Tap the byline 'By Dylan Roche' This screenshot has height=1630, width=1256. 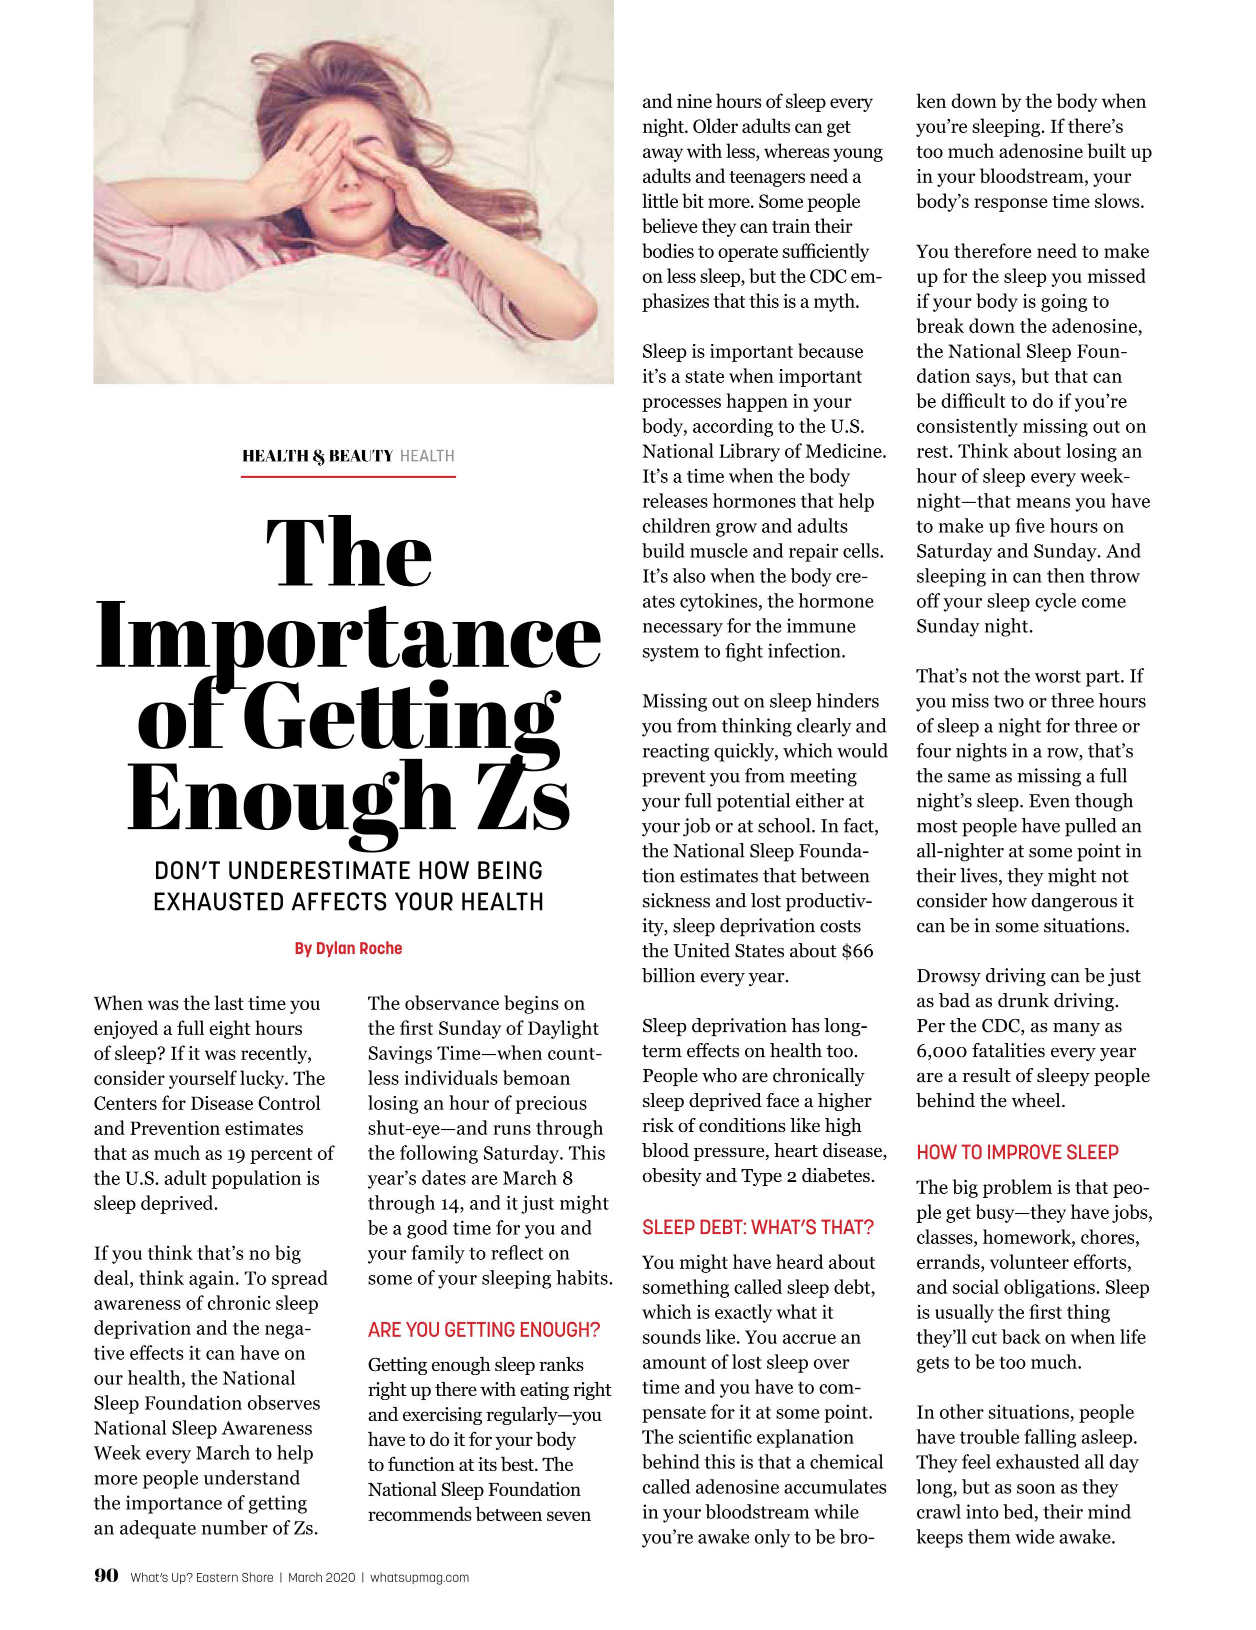(348, 948)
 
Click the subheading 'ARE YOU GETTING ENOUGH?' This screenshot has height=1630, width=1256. (484, 1329)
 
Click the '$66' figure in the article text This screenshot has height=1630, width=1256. (857, 951)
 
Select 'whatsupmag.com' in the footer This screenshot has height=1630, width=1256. (419, 1577)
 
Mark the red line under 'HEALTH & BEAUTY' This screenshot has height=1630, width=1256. (348, 475)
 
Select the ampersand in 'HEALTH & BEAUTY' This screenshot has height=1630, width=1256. (319, 456)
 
